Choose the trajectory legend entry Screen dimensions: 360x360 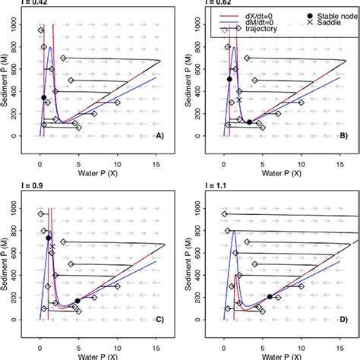pyautogui.click(x=255, y=29)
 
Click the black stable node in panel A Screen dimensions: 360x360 pyautogui.click(x=44, y=97)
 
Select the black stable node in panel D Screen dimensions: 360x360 pyautogui.click(x=269, y=296)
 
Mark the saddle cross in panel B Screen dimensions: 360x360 pyautogui.click(x=239, y=99)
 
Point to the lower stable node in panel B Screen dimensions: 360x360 pyautogui.click(x=249, y=121)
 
